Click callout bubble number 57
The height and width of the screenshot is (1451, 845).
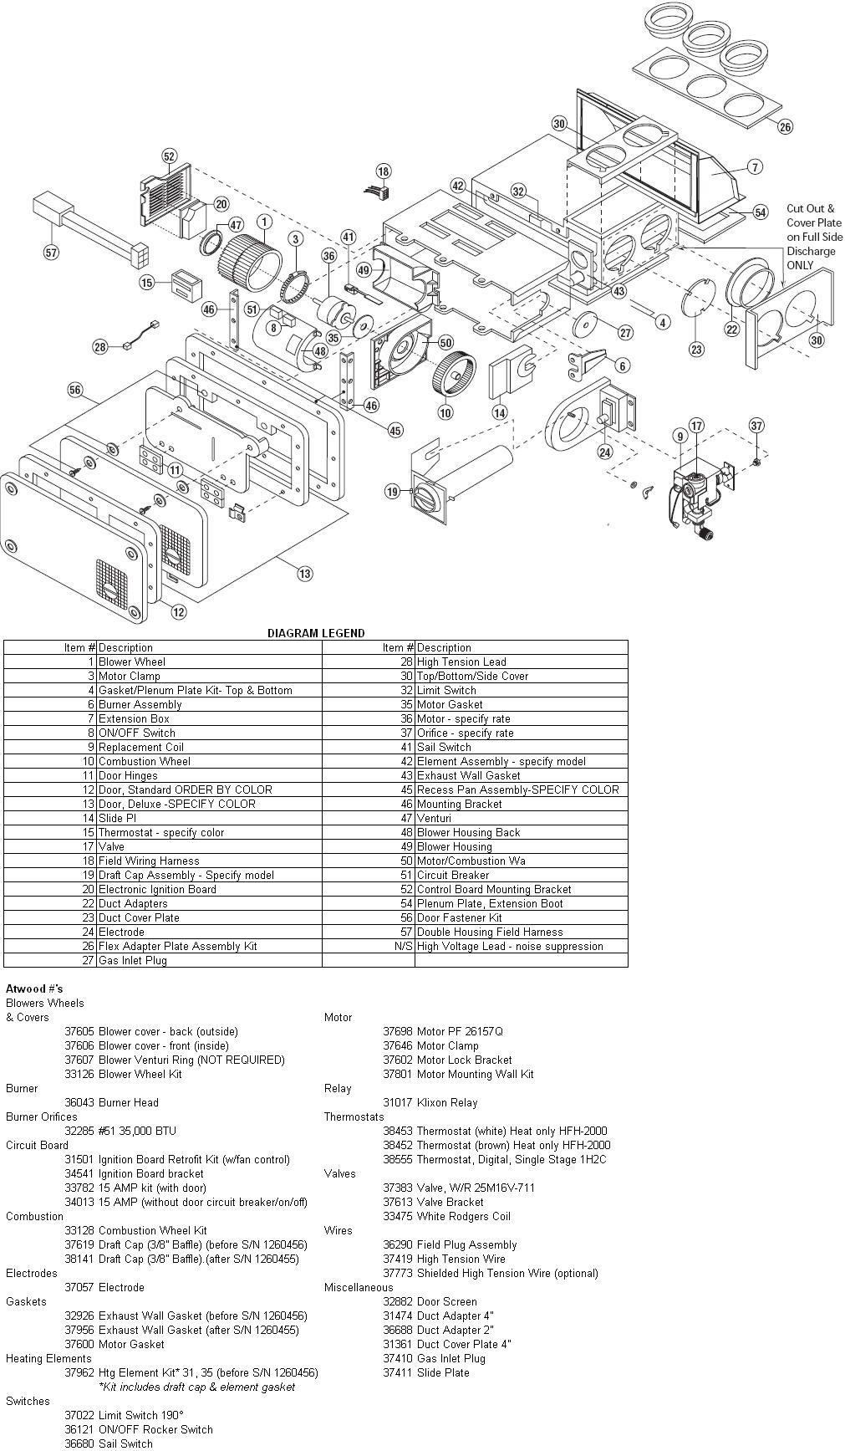pyautogui.click(x=52, y=252)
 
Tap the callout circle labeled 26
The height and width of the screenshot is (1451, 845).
pyautogui.click(x=784, y=127)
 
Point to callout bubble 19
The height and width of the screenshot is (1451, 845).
pyautogui.click(x=392, y=492)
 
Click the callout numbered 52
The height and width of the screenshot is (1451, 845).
pyautogui.click(x=170, y=156)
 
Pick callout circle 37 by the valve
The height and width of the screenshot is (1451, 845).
pyautogui.click(x=756, y=426)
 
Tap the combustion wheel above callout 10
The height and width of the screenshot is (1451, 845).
pyautogui.click(x=452, y=373)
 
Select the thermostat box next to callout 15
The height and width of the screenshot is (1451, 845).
pyautogui.click(x=182, y=282)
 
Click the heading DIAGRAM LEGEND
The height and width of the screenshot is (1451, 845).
pyautogui.click(x=315, y=633)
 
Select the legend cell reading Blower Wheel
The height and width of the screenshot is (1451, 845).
pyautogui.click(x=132, y=662)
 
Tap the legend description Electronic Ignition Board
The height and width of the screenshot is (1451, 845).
pyautogui.click(x=157, y=889)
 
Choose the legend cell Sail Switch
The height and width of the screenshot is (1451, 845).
pyautogui.click(x=444, y=747)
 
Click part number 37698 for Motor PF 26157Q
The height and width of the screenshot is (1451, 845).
pyautogui.click(x=397, y=1031)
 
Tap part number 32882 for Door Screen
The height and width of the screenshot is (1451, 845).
pyautogui.click(x=397, y=1301)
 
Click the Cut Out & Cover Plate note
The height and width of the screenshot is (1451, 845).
pyautogui.click(x=813, y=237)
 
